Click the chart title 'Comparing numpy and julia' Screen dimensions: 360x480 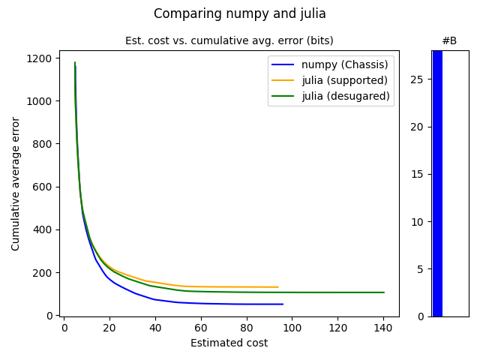[x=239, y=13]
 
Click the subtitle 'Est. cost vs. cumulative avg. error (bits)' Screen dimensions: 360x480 [x=229, y=40]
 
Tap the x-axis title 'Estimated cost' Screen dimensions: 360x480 [x=229, y=343]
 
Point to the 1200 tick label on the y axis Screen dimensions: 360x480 [x=39, y=58]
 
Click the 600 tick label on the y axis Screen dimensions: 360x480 [x=42, y=187]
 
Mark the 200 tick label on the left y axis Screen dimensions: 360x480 [x=42, y=273]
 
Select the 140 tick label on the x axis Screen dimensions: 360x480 [x=383, y=327]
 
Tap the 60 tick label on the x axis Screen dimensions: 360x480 [x=201, y=327]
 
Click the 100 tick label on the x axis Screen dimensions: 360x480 [x=292, y=327]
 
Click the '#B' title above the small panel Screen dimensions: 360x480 [x=449, y=40]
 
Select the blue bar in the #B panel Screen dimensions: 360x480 [x=437, y=183]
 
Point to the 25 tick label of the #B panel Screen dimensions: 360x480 [x=418, y=79]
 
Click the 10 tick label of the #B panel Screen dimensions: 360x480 [x=418, y=221]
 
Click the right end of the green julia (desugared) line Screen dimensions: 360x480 [x=384, y=292]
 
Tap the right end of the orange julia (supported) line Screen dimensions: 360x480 [x=278, y=287]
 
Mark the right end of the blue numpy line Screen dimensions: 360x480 [x=283, y=304]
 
